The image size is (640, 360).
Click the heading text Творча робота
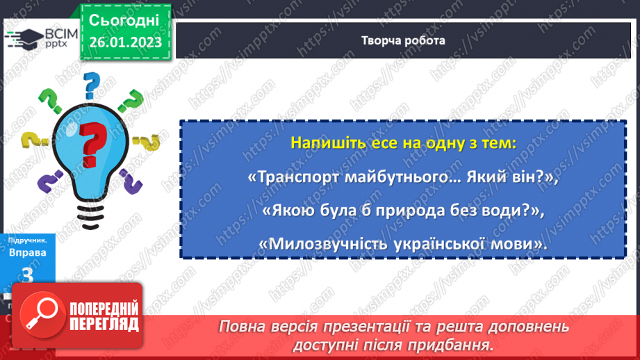[x=403, y=40]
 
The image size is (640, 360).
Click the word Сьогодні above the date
[x=125, y=19]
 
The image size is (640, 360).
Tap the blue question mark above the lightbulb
[x=91, y=86]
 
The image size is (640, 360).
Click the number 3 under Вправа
[x=28, y=275]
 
